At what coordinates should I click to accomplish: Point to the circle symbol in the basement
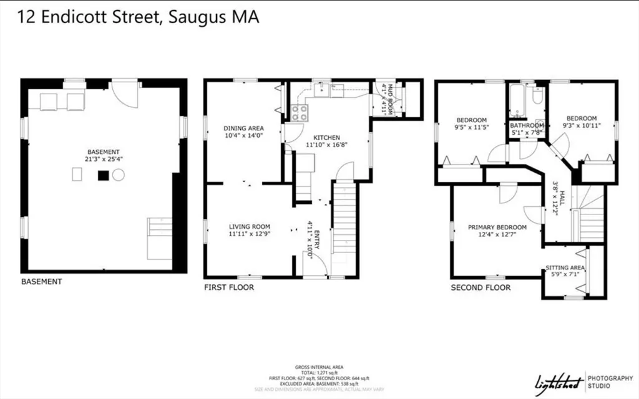tap(119, 175)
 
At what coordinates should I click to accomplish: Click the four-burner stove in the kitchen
tap(298, 112)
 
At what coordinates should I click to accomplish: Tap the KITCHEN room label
tap(326, 138)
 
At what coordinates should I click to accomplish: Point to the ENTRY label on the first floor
tap(316, 240)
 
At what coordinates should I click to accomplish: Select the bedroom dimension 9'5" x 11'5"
tap(471, 128)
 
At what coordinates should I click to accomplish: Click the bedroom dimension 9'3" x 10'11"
tap(582, 126)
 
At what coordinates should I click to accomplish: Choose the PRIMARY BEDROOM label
tap(497, 228)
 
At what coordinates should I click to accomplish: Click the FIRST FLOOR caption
tap(229, 287)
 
